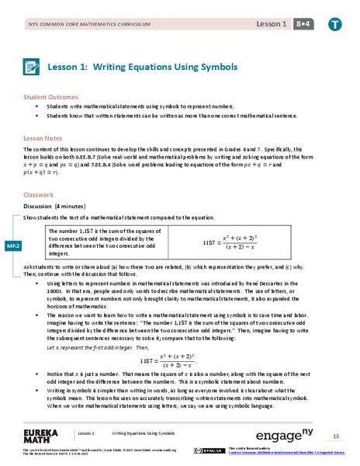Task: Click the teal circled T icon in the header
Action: point(335,21)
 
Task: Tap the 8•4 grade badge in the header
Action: point(308,21)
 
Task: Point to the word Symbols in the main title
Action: point(214,68)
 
